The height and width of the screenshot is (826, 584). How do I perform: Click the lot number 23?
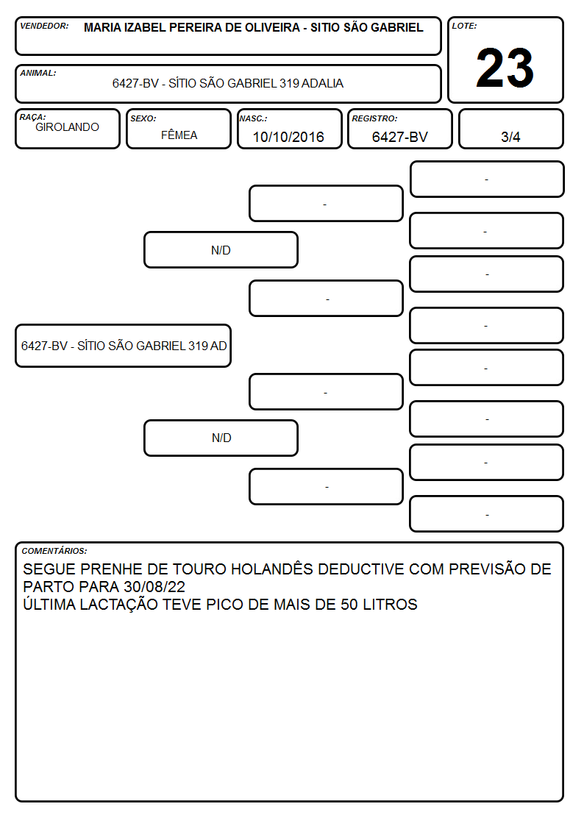[505, 68]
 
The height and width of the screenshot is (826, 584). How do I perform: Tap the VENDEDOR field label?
[44, 26]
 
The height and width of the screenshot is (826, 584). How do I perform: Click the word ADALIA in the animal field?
[323, 83]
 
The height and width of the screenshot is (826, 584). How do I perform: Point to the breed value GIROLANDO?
[67, 127]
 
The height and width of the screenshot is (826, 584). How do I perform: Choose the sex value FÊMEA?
[179, 135]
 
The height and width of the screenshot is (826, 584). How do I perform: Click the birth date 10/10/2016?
[288, 137]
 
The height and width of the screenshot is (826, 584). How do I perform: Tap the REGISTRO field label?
[374, 118]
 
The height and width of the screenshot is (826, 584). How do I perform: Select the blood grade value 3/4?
[510, 137]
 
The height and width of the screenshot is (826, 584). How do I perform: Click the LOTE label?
[464, 26]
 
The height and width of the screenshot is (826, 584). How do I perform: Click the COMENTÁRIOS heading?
[54, 551]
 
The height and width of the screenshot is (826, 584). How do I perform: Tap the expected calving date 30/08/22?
[154, 587]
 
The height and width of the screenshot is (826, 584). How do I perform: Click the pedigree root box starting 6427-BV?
[124, 346]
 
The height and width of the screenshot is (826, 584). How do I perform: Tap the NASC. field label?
[253, 118]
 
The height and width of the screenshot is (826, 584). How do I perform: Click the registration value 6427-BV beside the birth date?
[399, 137]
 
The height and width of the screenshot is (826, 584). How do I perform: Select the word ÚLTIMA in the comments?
[49, 604]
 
